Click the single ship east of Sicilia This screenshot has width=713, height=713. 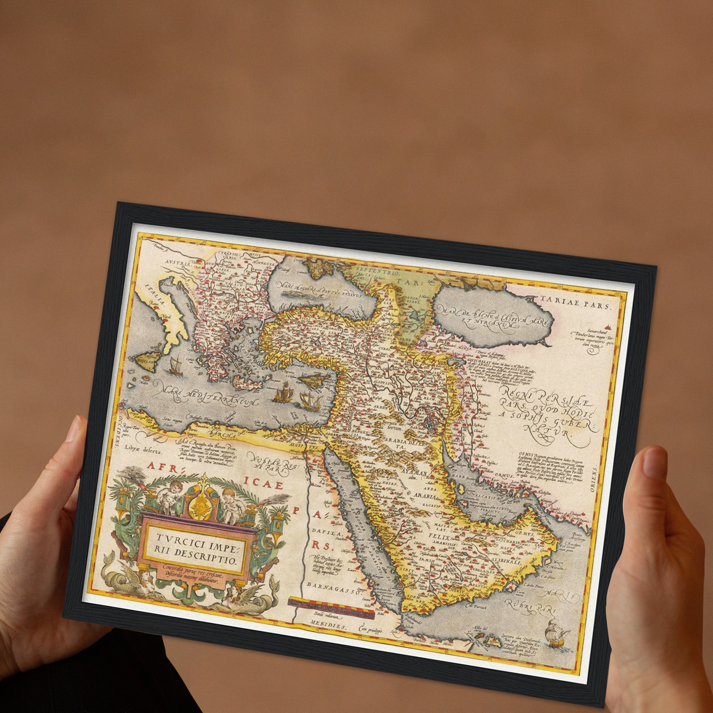174,366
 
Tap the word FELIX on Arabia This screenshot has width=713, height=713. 437,535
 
